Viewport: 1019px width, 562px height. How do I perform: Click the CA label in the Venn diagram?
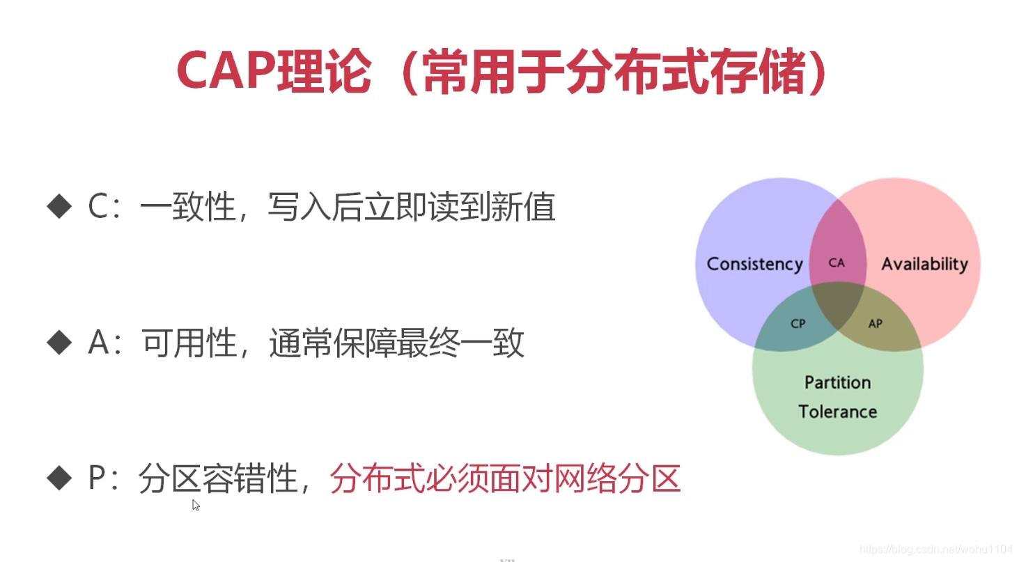tap(837, 263)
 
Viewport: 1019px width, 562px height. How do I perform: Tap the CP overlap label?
tap(798, 323)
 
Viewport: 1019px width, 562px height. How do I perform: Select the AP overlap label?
tap(876, 323)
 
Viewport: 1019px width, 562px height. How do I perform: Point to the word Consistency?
tap(754, 264)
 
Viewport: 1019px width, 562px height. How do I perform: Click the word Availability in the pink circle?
tap(924, 264)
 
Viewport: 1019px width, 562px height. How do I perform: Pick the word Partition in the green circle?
tap(837, 382)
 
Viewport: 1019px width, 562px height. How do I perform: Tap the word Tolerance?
tap(837, 412)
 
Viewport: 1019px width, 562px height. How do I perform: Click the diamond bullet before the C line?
tap(59, 207)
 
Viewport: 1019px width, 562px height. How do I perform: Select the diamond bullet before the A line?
tap(59, 342)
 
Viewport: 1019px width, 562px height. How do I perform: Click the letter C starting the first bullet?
tap(98, 207)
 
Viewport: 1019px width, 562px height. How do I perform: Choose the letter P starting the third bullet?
tap(98, 478)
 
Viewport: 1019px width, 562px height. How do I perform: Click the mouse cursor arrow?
tap(196, 505)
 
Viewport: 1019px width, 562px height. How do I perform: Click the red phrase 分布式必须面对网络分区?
tap(504, 478)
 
